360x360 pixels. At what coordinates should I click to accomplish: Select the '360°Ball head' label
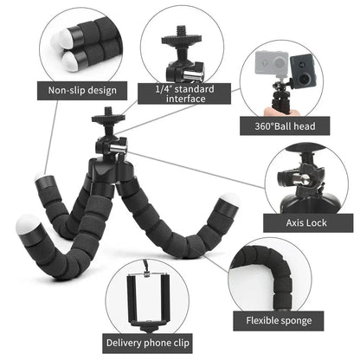292,126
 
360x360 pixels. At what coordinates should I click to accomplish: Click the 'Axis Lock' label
305,221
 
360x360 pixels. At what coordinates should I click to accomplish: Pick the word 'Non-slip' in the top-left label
65,89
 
